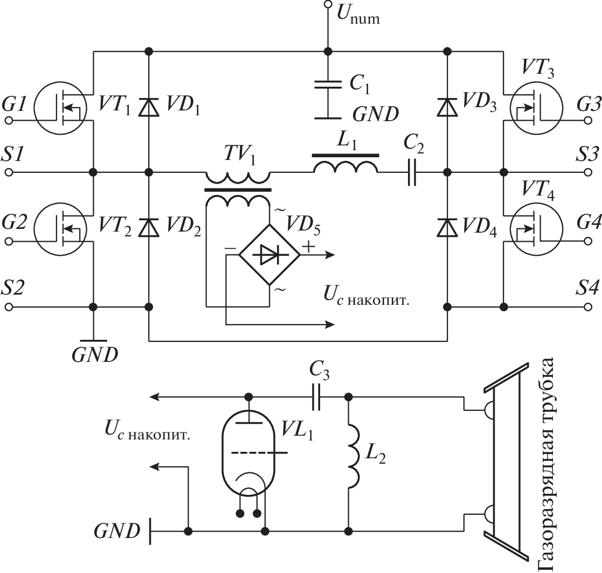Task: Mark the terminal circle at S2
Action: pos(8,307)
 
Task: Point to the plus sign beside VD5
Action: pos(309,247)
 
